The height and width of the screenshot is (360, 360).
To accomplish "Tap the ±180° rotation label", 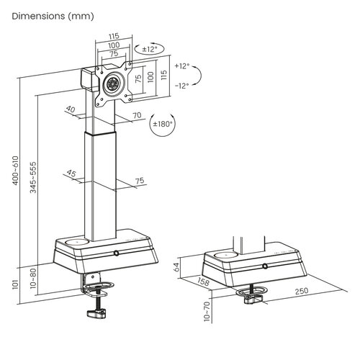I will (163, 124).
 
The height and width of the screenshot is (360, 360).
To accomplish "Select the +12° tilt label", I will (181, 66).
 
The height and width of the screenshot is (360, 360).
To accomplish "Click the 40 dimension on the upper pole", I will (70, 109).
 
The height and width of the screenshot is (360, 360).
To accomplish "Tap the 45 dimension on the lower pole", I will (70, 173).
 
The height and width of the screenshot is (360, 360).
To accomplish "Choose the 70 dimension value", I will (138, 114).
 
